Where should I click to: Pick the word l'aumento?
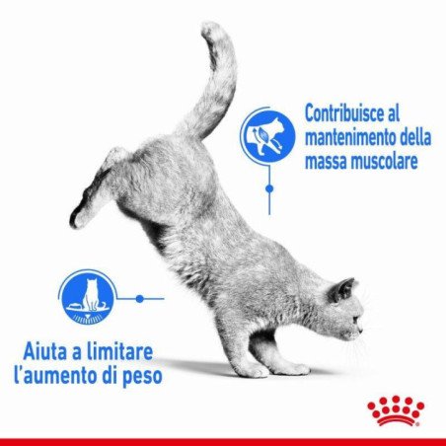pyautogui.click(x=65, y=377)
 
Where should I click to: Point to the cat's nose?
pyautogui.click(x=361, y=325)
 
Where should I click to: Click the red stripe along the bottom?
pyautogui.click(x=223, y=440)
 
